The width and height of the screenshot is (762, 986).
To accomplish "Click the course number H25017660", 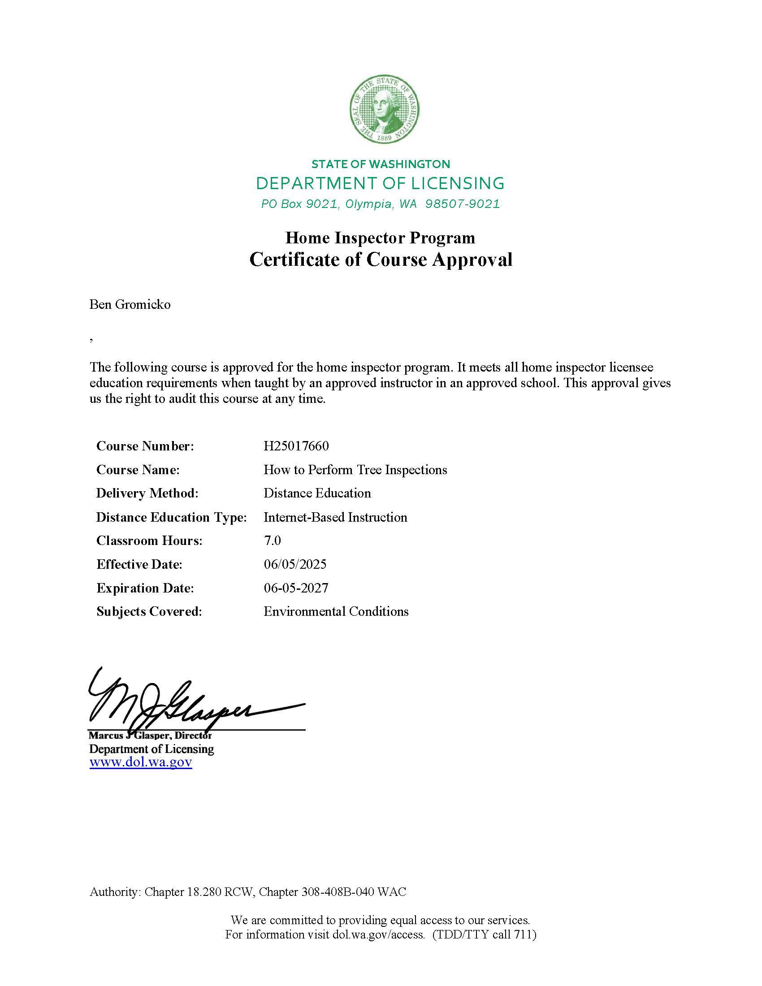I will pyautogui.click(x=296, y=446).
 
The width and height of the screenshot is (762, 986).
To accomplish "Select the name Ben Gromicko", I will pyautogui.click(x=130, y=305).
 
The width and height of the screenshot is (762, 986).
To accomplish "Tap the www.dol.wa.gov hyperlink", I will pyautogui.click(x=141, y=762).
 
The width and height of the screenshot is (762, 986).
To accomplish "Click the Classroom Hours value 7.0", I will pyautogui.click(x=272, y=541).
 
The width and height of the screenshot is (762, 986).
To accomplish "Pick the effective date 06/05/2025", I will pyautogui.click(x=295, y=564).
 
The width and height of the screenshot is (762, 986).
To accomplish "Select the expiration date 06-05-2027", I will pyautogui.click(x=296, y=588).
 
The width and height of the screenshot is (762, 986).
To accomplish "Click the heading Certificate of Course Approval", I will pyautogui.click(x=381, y=259).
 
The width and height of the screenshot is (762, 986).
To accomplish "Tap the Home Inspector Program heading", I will pyautogui.click(x=380, y=238).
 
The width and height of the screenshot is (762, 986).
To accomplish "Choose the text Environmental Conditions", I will pyautogui.click(x=336, y=611).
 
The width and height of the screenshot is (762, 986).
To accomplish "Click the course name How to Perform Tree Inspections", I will pyautogui.click(x=355, y=470).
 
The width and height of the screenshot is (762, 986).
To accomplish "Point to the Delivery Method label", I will pyautogui.click(x=147, y=493).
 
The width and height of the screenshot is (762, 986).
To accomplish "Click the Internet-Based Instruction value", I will pyautogui.click(x=335, y=517).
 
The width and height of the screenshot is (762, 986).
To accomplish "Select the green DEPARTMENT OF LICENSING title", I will pyautogui.click(x=380, y=183).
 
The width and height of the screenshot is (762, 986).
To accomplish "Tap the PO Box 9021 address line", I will pyautogui.click(x=380, y=204).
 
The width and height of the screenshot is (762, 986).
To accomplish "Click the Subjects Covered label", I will pyautogui.click(x=149, y=611).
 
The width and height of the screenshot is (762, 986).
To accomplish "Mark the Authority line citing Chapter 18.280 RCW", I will pyautogui.click(x=248, y=892).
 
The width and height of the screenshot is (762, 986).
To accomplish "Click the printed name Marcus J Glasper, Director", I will pyautogui.click(x=150, y=735).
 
